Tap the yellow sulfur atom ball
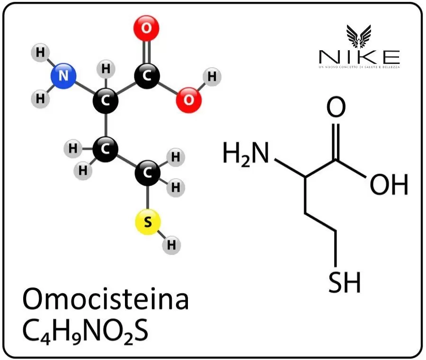(148, 222)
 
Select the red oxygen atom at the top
(147, 28)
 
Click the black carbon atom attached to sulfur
(148, 174)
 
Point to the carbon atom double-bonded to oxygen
(147, 76)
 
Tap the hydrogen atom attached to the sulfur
(171, 245)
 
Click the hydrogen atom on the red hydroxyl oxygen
(212, 76)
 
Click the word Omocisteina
(105, 299)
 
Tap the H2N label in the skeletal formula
(246, 155)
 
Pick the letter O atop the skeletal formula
(336, 108)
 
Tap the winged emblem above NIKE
(359, 36)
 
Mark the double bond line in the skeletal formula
(336, 141)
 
